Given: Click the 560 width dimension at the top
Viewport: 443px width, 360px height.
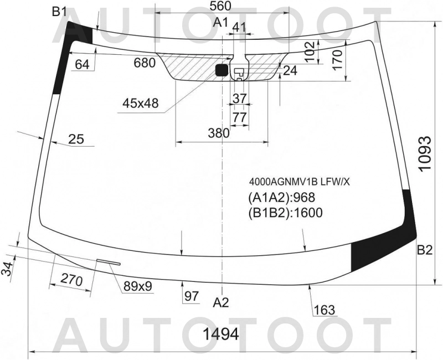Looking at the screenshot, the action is pyautogui.click(x=220, y=6).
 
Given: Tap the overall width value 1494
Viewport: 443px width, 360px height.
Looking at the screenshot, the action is pyautogui.click(x=221, y=335).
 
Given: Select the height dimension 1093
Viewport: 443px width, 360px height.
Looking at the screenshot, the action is pyautogui.click(x=425, y=154).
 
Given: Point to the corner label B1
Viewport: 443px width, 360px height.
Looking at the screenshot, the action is pyautogui.click(x=59, y=12).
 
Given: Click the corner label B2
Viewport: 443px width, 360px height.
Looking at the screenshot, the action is pyautogui.click(x=425, y=250).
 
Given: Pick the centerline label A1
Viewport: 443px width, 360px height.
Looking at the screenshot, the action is pyautogui.click(x=220, y=22).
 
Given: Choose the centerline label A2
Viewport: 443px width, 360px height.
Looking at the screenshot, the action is pyautogui.click(x=220, y=302).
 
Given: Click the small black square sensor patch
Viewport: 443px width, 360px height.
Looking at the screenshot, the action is pyautogui.click(x=221, y=70).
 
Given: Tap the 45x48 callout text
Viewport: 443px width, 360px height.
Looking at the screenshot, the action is pyautogui.click(x=141, y=104).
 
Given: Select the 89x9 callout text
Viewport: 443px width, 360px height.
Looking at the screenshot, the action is pyautogui.click(x=138, y=286).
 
